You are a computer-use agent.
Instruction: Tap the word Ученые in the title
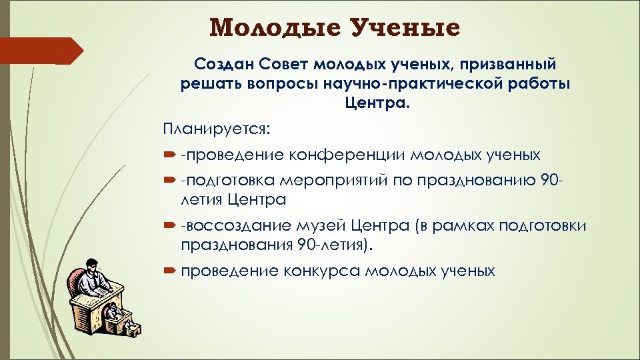coord(407,28)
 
